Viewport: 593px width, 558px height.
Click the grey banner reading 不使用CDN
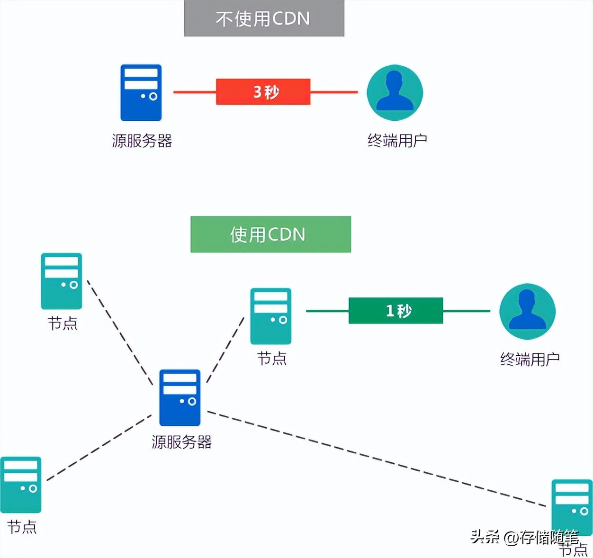pos(264,18)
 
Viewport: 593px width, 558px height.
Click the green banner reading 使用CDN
pos(270,234)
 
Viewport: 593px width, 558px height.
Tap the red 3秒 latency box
pos(263,92)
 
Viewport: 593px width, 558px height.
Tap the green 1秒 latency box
pos(395,311)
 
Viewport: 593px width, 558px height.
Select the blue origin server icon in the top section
pos(141,93)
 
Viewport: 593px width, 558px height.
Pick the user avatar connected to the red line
pos(395,93)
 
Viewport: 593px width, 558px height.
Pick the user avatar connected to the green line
pos(527,312)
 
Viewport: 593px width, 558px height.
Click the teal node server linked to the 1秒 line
pos(270,316)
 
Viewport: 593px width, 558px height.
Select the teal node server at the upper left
pos(61,281)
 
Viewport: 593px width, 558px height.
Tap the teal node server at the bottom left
pos(21,485)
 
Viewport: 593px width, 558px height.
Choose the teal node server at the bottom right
pos(572,507)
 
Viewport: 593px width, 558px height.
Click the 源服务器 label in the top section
pos(142,141)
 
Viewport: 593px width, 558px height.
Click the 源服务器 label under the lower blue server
pos(181,442)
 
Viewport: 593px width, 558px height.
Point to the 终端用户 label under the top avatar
pos(397,141)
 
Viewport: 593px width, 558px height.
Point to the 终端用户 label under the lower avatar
pos(530,360)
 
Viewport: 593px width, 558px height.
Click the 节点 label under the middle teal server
pos(271,359)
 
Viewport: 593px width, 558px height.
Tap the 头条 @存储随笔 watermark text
pos(523,537)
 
